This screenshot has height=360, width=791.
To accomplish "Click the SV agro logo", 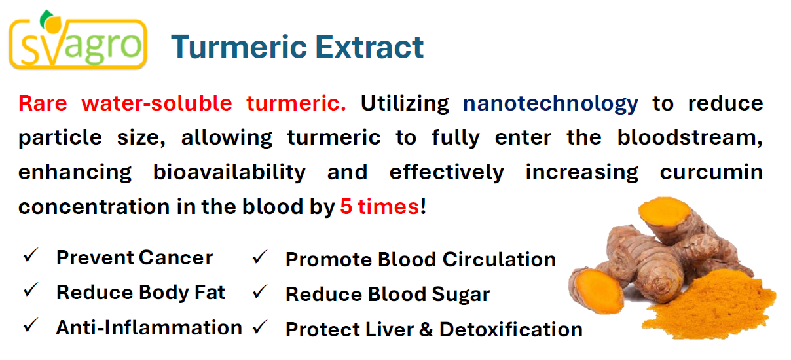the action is coord(78,39).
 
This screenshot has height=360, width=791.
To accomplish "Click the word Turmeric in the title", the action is coord(239,47).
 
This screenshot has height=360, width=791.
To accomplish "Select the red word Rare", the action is coord(43,103).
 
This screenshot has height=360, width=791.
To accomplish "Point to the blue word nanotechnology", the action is coord(551,104).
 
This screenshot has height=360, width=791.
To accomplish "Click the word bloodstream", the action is coord(690,137).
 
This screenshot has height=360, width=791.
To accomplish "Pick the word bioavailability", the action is coord(229,173).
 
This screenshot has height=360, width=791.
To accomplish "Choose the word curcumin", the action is coord(711,172).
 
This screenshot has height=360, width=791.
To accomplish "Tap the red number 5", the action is coord(346,207).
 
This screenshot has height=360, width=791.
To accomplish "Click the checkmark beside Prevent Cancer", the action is coord(31,255).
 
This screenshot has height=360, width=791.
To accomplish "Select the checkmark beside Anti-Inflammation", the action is coord(31,325).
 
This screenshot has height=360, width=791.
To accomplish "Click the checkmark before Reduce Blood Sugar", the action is coord(260,291).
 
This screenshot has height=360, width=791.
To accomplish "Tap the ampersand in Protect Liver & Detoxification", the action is coord(426,330).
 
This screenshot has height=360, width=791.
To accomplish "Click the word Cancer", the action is coord(176,258).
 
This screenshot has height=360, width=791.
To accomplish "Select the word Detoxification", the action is coord(511,330).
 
